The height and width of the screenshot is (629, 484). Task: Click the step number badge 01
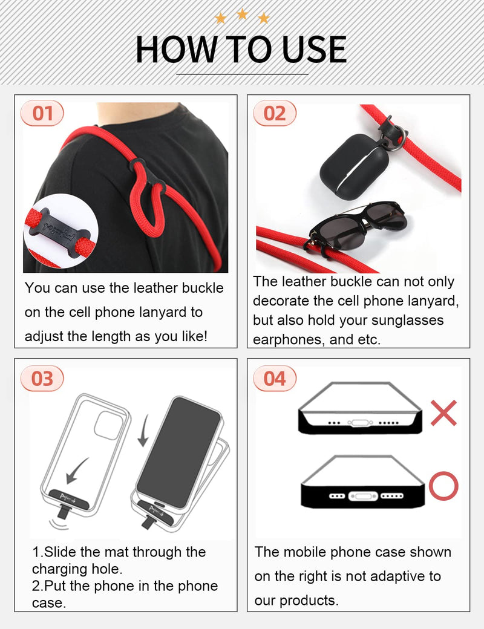click(42, 113)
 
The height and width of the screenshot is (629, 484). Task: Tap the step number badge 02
click(275, 113)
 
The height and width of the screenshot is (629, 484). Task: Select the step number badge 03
click(42, 379)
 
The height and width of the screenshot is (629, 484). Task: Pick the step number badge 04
click(275, 379)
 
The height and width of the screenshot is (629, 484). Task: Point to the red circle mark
click(443, 486)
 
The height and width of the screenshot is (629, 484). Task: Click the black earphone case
click(354, 165)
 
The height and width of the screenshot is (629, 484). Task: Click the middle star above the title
click(242, 13)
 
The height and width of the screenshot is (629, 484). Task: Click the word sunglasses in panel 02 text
click(409, 321)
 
